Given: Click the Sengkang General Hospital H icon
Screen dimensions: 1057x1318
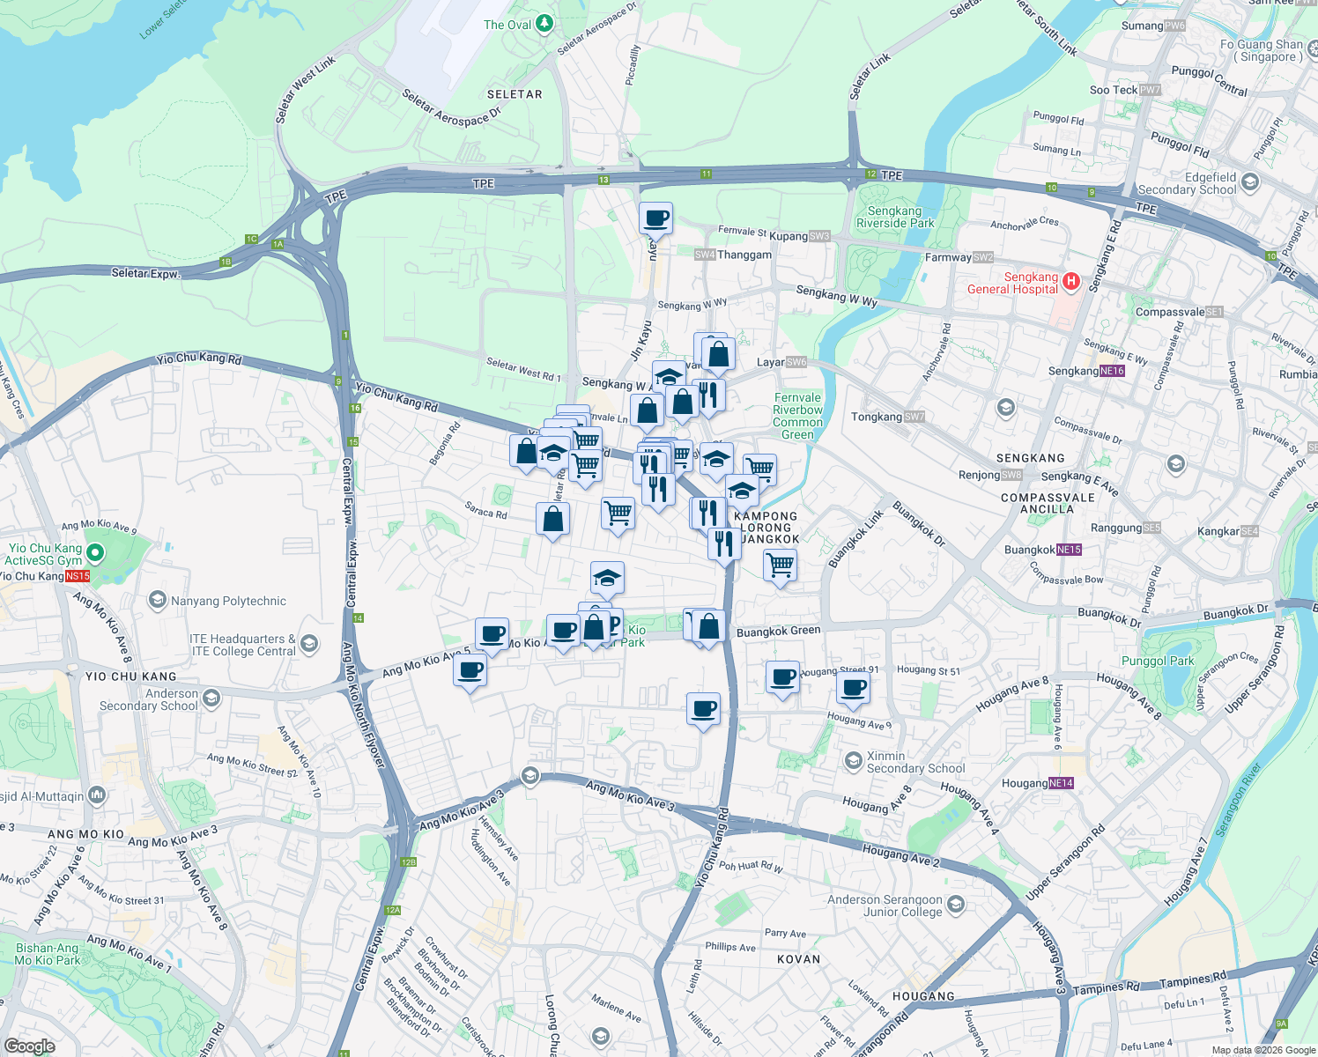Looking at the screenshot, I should pos(1071,282).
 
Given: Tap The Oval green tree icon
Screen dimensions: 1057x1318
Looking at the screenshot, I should pos(544,24).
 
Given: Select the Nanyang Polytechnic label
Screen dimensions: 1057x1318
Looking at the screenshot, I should pos(228,602).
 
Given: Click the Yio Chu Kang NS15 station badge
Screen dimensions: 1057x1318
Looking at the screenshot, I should pos(78,576).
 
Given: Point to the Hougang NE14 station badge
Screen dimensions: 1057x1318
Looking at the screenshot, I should pos(1062,783).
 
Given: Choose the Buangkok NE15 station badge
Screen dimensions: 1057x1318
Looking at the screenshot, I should pos(1069,550).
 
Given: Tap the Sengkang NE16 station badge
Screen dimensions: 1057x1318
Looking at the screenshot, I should pos(1113,371).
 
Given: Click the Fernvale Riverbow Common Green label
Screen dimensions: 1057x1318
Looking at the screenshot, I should pos(797,416).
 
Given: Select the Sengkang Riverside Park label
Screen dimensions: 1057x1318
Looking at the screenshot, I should pos(894,217).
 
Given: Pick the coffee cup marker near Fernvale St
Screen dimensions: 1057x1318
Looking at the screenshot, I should pos(655,218).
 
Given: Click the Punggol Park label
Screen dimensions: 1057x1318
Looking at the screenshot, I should pos(1158,661).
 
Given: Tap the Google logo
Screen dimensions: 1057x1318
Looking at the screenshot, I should pos(29,1046).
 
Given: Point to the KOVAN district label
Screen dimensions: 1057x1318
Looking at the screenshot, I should pos(798,959).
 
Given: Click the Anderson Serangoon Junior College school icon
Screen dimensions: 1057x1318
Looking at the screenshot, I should pos(956,905).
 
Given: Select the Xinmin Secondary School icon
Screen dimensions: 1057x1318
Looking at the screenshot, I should pos(853,760).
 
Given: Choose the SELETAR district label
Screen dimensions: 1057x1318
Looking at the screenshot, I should pos(515,94).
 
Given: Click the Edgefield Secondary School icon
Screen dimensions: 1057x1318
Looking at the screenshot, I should pos(1250,182).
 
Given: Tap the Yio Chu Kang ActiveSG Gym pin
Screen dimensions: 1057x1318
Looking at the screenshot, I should pos(95,553).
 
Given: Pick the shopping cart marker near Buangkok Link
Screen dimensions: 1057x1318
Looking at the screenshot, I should pos(781,565).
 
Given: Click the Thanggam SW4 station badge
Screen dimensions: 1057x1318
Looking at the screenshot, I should pos(705,255).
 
